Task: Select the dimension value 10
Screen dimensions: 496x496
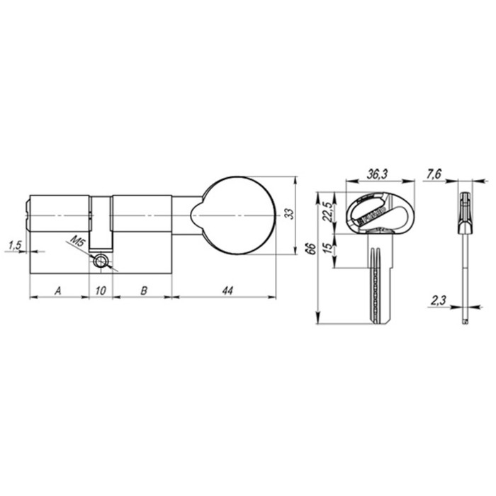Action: [x=101, y=290]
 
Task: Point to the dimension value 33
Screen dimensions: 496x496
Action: [x=288, y=214]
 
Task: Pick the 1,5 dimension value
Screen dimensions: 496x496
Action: [x=14, y=245]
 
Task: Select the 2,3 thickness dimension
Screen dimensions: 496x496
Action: [x=437, y=301]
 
